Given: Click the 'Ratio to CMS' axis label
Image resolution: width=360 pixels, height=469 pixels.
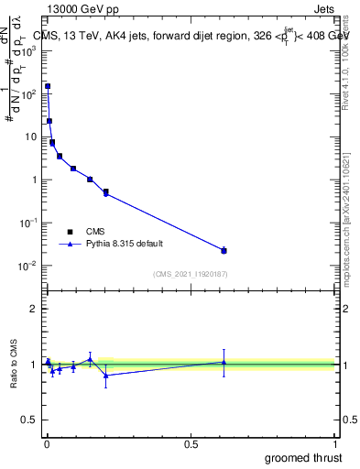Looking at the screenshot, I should click(x=15, y=365).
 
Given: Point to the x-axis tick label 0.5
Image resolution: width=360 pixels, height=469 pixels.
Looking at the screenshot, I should click(x=191, y=443).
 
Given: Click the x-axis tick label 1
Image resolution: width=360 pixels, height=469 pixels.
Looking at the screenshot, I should click(x=334, y=443).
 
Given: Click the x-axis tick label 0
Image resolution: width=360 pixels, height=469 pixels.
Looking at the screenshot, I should click(x=47, y=443).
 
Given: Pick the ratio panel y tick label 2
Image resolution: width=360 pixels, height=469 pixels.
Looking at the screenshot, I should click(x=34, y=309).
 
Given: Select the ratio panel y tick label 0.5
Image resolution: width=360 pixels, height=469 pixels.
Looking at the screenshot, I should click(x=30, y=421).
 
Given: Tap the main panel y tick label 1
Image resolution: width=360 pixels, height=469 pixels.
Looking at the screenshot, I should click(x=34, y=180).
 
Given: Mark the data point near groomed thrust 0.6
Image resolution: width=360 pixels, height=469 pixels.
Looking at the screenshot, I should click(x=224, y=250).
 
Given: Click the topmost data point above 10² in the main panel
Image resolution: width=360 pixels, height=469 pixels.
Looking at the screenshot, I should click(x=48, y=86).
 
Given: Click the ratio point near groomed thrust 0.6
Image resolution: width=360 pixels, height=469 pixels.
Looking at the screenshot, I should click(x=224, y=362).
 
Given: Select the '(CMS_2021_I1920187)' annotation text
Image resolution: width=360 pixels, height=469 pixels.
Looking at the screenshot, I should click(x=190, y=274).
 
